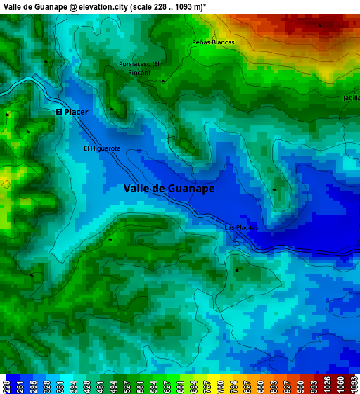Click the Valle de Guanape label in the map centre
169,188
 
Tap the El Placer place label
72,112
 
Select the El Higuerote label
102,148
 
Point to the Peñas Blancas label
213,42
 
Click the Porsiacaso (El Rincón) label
139,68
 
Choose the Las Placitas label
242,228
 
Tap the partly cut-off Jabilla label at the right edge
351,99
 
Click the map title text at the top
105,6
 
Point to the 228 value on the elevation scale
6,385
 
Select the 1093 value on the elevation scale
353,385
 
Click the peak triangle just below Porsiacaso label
163,81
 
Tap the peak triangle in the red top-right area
320,25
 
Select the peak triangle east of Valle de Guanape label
274,189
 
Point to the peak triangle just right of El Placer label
111,109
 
